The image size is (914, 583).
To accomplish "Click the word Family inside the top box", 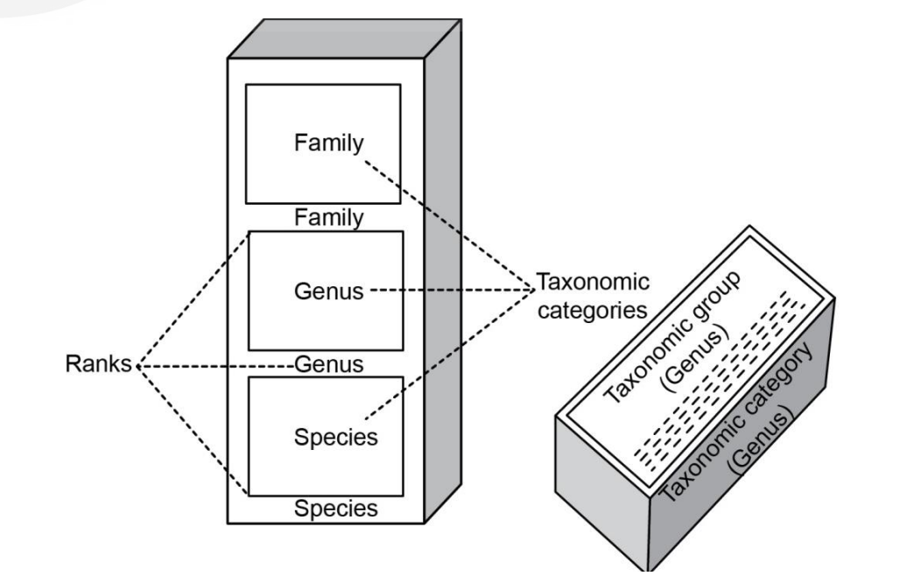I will click(327, 144).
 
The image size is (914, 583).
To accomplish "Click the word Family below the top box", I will click(327, 216).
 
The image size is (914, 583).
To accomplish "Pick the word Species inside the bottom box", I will click(335, 436).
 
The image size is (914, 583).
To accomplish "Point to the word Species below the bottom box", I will click(335, 508).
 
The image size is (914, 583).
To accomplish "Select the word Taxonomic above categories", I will click(593, 283).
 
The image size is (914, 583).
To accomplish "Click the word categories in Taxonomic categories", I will click(592, 310).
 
